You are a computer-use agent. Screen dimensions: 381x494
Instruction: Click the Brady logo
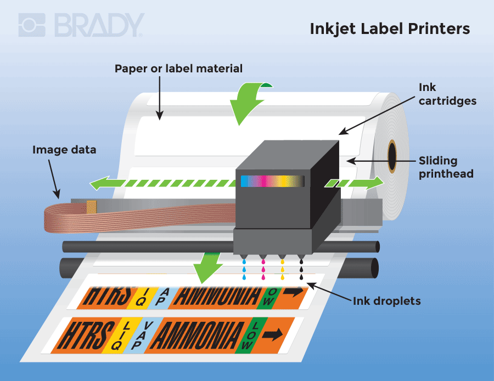point(81,26)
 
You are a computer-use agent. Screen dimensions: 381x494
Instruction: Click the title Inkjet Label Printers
point(390,29)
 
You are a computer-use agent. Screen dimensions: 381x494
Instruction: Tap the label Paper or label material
point(178,69)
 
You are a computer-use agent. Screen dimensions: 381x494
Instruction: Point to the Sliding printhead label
point(445,167)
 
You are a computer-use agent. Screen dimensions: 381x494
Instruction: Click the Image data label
point(64,150)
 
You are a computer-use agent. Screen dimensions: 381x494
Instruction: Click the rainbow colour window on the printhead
point(272,181)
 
